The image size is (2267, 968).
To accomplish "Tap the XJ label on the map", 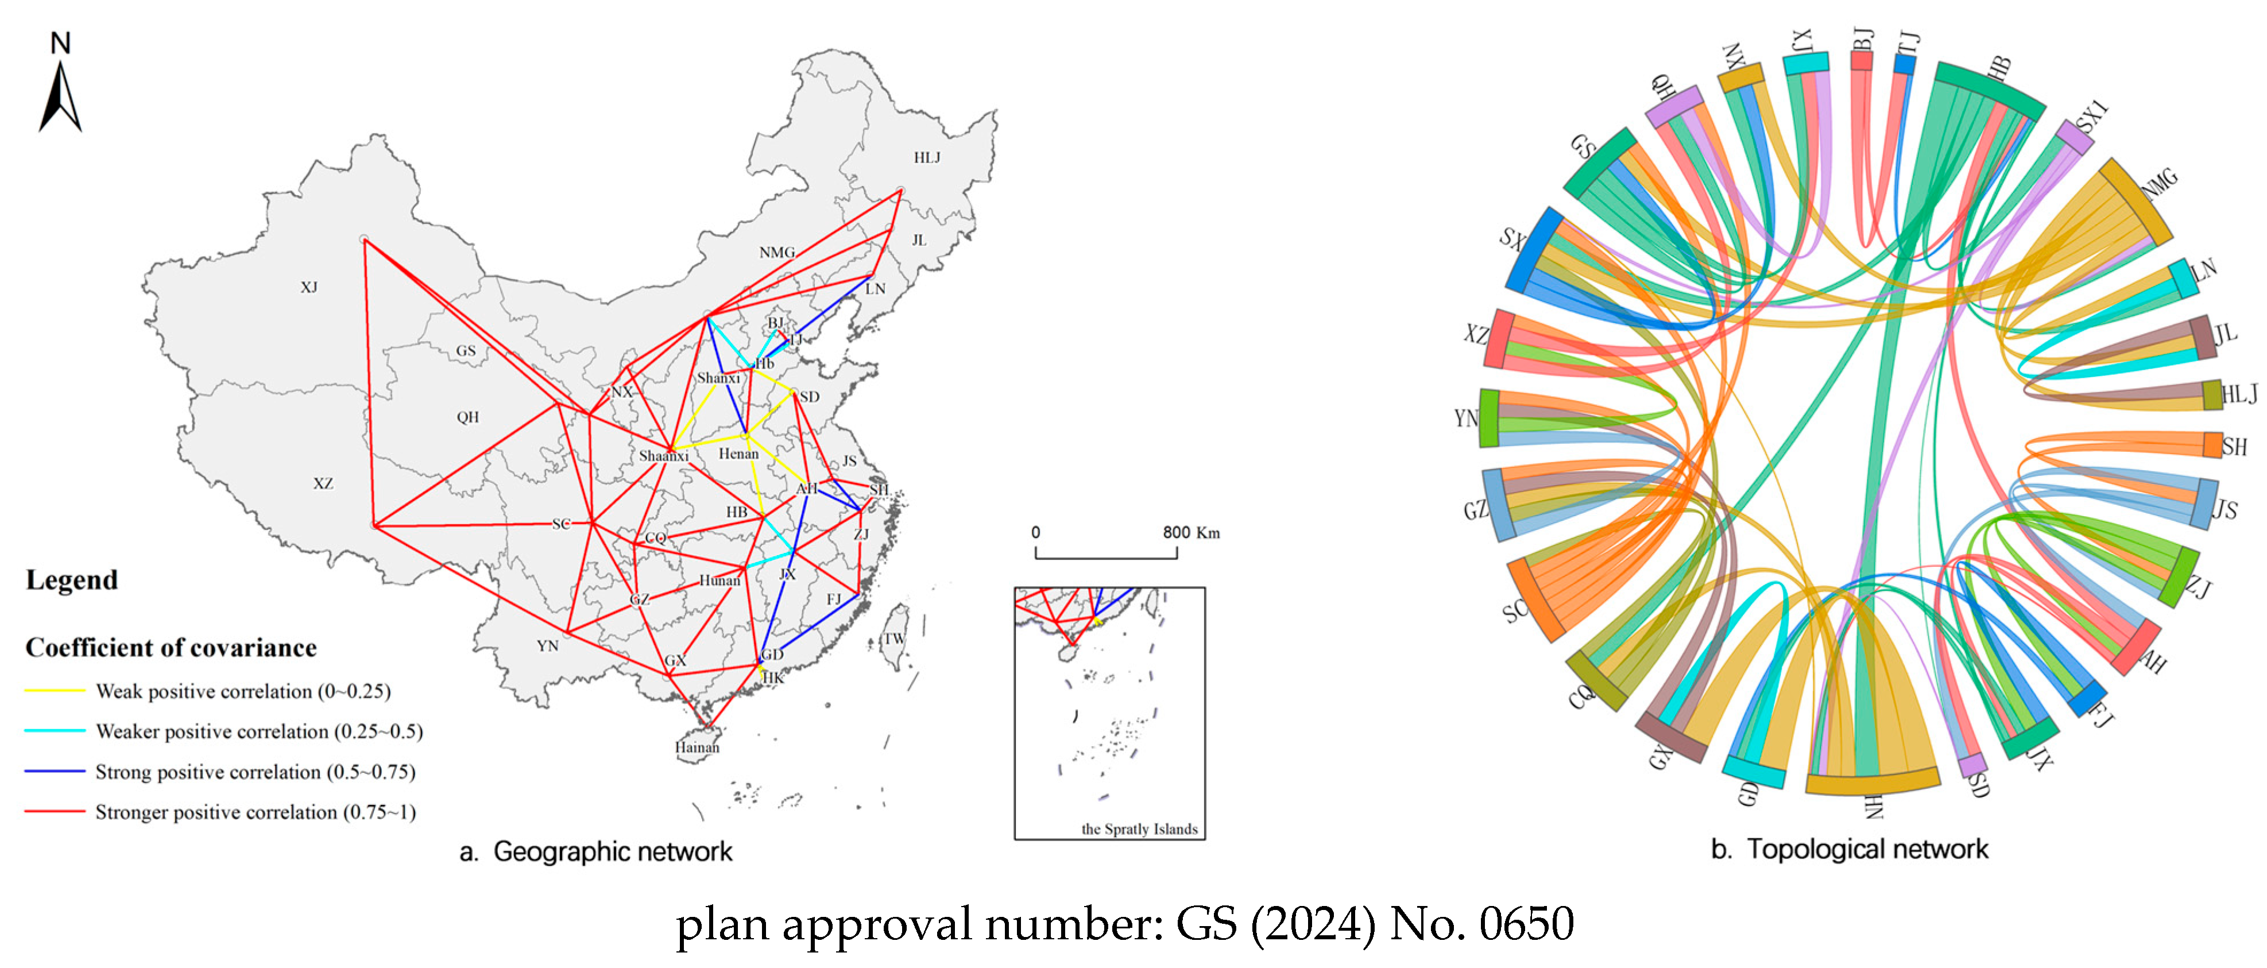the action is (x=309, y=288).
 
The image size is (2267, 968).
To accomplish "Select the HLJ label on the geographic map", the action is (x=927, y=157).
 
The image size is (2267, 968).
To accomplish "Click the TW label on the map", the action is (x=894, y=639).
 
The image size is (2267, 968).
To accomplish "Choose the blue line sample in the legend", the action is (x=55, y=772).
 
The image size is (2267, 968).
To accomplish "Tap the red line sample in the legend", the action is (x=55, y=811).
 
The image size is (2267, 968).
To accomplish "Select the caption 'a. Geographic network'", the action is (x=596, y=852).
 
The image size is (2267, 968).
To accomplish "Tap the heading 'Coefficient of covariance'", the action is (x=171, y=648).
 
